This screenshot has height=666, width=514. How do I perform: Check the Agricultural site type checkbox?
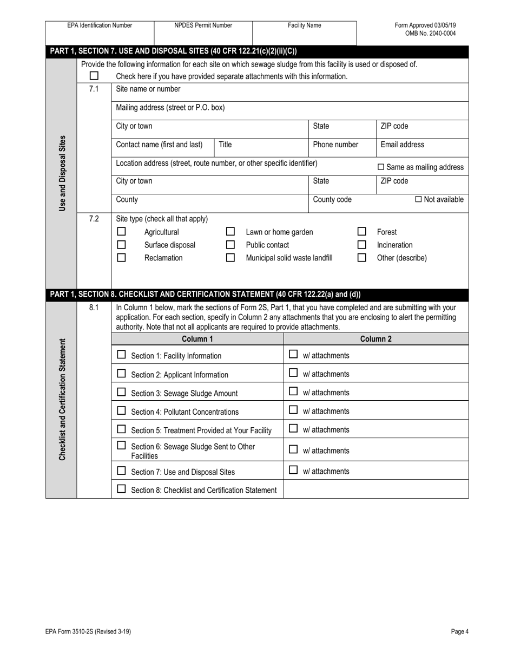coord(121,232)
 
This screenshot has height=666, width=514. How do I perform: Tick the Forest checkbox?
coord(362,232)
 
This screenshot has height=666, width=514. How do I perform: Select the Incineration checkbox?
coord(362,245)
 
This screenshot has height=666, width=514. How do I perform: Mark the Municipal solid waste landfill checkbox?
coord(230,258)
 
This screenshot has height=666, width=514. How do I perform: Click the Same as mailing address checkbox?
coord(380,167)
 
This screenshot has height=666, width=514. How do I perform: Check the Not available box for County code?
coord(418,199)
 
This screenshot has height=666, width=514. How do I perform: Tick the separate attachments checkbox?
coord(94,76)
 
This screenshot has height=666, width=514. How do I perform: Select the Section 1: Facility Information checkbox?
coord(121,355)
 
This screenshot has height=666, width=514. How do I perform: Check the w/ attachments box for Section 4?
coord(293,410)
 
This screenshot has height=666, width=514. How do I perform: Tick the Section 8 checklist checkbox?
coord(121,489)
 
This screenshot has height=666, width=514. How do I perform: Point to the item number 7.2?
coord(94,219)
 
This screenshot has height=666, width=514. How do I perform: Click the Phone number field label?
coord(335,145)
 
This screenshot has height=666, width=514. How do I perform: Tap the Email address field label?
coord(402,145)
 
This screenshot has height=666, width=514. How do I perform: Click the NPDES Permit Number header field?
coord(203,25)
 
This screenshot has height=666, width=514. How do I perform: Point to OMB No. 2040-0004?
coord(430,33)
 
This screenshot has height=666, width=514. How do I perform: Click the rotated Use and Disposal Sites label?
coord(62,173)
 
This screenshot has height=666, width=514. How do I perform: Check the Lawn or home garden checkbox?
coord(230,232)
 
